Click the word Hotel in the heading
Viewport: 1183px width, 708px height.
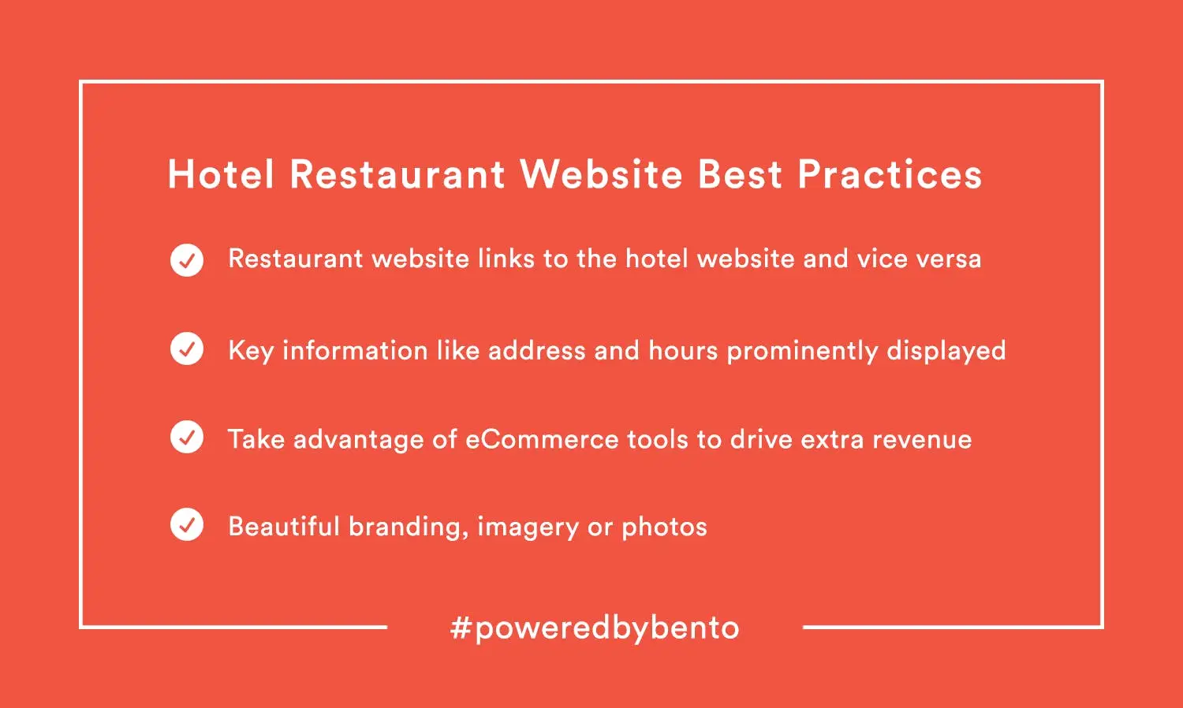pos(221,174)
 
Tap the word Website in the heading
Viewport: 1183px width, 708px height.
pos(601,174)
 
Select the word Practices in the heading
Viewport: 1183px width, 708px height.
pos(890,174)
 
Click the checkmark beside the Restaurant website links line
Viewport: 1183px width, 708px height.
pos(187,259)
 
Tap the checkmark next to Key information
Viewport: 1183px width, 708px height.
pos(187,348)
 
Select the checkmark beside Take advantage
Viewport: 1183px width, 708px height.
pos(187,437)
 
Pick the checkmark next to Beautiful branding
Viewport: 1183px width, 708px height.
pos(187,524)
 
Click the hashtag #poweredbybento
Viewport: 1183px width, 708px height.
pos(595,628)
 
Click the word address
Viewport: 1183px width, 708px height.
pos(536,350)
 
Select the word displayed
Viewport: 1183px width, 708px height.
pos(946,350)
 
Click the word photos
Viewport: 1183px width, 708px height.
pos(664,527)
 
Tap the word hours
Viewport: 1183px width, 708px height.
pos(683,350)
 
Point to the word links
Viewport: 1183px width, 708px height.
pos(506,259)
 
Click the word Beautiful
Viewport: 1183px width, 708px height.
pos(284,526)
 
